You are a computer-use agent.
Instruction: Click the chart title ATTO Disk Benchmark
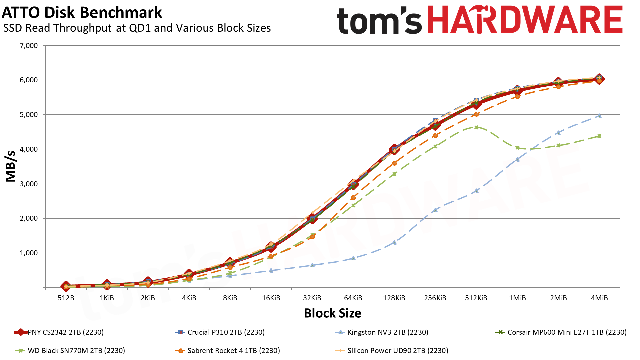point(82,13)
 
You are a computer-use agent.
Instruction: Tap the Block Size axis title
point(332,313)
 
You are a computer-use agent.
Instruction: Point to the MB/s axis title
point(11,166)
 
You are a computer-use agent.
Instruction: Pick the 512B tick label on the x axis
point(66,298)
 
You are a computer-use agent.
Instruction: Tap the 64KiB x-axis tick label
point(353,298)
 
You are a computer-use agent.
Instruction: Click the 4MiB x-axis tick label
point(599,298)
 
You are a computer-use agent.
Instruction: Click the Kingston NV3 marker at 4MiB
point(599,116)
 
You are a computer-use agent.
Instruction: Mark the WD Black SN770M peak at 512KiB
point(476,127)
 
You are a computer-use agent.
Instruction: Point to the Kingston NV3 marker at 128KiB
point(394,242)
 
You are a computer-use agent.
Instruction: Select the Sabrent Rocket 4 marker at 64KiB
point(353,198)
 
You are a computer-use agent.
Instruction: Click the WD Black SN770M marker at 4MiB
point(599,136)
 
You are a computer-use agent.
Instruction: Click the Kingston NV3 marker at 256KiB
point(435,210)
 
